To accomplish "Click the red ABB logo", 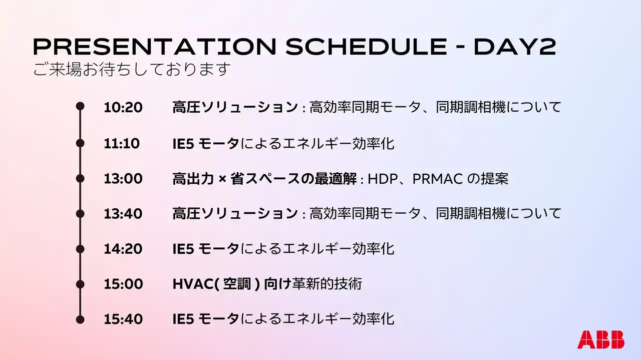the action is [601, 339].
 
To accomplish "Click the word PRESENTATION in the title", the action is [155, 47].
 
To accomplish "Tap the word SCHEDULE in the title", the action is [366, 47].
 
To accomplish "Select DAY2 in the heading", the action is [515, 47].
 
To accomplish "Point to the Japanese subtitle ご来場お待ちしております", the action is [132, 69].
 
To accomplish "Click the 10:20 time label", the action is [123, 108].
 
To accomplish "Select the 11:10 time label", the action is [122, 143].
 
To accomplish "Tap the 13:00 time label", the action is [123, 179].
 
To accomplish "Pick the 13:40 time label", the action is [123, 214].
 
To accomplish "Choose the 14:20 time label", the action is [123, 249].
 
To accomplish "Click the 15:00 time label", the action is [123, 284].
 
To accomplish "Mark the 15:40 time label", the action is [123, 319].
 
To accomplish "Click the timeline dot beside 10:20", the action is [80, 106].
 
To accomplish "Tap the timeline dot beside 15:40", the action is [80, 319].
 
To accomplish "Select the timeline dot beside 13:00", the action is [80, 179].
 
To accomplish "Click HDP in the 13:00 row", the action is [383, 179].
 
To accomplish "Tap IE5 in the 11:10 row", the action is [183, 144].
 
